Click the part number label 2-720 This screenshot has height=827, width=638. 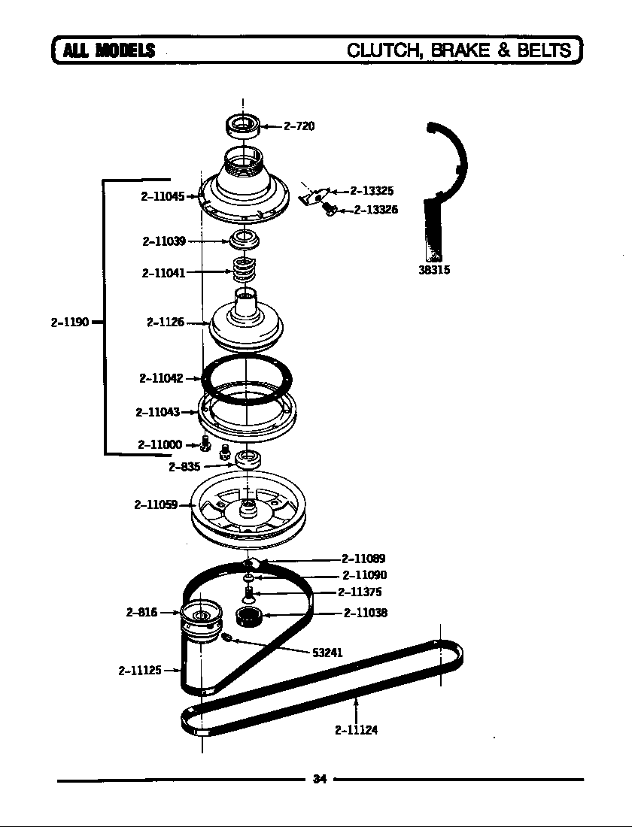(x=299, y=126)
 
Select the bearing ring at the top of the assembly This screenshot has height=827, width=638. (x=243, y=125)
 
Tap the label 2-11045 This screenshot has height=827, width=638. (x=163, y=196)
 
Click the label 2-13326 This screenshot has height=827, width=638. (x=375, y=210)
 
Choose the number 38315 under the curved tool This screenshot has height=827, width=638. (x=434, y=270)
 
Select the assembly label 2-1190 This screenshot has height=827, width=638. (x=70, y=323)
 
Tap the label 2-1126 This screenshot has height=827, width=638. (x=166, y=323)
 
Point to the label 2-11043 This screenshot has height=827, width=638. (x=158, y=412)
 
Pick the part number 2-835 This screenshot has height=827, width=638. (x=184, y=467)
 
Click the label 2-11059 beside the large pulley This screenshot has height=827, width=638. (x=156, y=504)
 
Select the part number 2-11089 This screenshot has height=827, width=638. (x=363, y=559)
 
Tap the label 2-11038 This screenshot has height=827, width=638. (x=366, y=613)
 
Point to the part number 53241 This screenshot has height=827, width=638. (x=327, y=653)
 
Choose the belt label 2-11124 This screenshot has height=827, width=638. (x=356, y=729)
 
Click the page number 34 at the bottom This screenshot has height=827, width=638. (x=319, y=780)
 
